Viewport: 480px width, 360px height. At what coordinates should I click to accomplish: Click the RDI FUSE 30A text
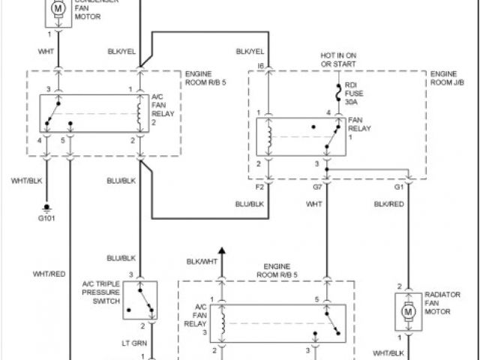click(x=355, y=97)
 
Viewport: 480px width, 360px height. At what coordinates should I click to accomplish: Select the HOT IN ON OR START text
click(x=338, y=60)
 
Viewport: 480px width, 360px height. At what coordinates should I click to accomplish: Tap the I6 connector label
click(x=261, y=67)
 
